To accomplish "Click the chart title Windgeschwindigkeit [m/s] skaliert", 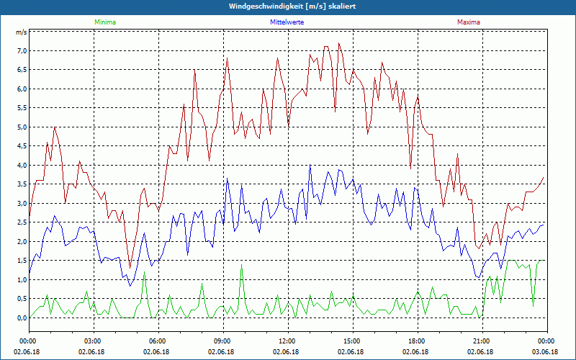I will [288, 6].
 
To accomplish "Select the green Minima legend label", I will [104, 22].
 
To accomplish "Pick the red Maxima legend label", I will [468, 22].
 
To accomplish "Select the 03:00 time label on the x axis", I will [93, 341].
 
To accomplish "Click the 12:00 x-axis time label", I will [287, 341].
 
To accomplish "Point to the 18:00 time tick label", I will [416, 341].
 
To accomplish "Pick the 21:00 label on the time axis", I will [481, 341].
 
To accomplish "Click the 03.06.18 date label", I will [545, 352].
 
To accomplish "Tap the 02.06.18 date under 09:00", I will [222, 352].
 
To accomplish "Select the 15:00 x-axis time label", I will [351, 341].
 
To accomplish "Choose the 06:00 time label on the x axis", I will [157, 341].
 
